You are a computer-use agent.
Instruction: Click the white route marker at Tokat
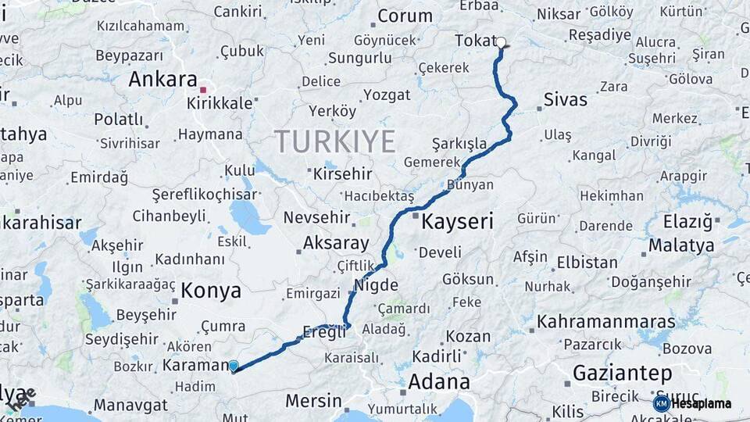click(x=502, y=43)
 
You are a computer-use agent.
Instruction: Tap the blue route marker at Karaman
click(x=234, y=365)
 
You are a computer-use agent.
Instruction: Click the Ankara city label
click(x=162, y=79)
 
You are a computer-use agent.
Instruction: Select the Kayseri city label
click(x=457, y=222)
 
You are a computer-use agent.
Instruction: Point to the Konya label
click(x=211, y=291)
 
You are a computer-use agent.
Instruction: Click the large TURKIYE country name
click(x=334, y=141)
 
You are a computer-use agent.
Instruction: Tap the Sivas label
click(x=565, y=99)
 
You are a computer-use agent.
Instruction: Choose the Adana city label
click(x=438, y=382)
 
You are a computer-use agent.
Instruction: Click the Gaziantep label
click(x=623, y=373)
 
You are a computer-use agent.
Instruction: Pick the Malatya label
click(x=681, y=245)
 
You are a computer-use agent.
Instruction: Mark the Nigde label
click(x=377, y=285)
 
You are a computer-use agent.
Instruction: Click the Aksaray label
click(x=335, y=242)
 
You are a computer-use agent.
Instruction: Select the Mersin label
click(x=313, y=401)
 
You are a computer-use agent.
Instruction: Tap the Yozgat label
click(x=386, y=95)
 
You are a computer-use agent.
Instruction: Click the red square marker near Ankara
click(x=203, y=90)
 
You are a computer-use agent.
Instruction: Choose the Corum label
click(x=405, y=16)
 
